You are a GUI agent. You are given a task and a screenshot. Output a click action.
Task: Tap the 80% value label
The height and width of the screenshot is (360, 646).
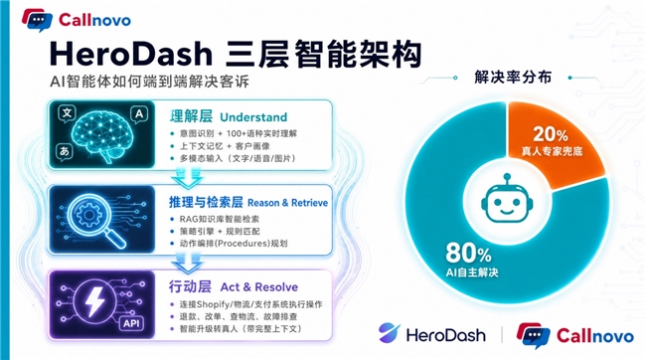coord(468,253)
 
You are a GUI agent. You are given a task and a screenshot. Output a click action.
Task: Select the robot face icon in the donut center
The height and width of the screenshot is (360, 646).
coord(507,199)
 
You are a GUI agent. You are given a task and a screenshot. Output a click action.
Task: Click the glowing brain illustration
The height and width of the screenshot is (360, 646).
coord(103,133)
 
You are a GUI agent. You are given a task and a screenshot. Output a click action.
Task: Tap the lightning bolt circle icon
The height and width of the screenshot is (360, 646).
coord(94,301)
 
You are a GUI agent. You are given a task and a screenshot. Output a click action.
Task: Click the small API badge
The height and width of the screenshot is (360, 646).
coord(132,323)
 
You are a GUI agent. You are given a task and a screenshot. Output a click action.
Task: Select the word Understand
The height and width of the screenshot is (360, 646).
coord(253,117)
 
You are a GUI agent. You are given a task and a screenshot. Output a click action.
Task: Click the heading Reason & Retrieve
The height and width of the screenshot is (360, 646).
coord(287,203)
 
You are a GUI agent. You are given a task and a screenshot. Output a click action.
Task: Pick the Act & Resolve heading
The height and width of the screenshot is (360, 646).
coord(259,287)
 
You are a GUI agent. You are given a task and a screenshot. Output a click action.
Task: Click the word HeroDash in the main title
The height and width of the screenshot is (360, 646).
coord(130,54)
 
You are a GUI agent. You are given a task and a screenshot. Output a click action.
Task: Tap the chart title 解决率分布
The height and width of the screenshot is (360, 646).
coord(513,78)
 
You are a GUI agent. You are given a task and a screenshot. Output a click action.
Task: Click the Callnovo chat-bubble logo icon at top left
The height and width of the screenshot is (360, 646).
coord(37,20)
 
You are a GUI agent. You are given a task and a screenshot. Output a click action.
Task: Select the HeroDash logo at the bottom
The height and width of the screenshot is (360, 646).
coord(431,333)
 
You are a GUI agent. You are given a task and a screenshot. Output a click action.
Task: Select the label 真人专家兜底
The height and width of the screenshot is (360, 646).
coord(552,151)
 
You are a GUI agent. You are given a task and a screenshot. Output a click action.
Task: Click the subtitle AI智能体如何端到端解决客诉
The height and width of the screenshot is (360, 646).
coord(149,82)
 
